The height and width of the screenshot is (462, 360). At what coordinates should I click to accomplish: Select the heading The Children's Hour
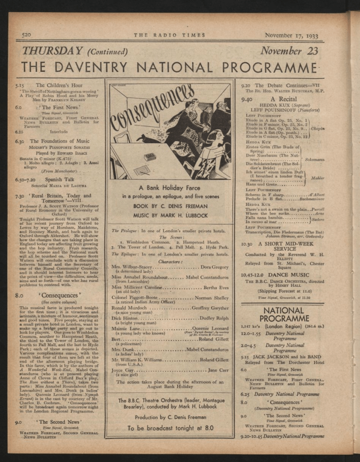[59, 85]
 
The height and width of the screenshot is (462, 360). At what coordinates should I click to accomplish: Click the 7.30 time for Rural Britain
[19, 196]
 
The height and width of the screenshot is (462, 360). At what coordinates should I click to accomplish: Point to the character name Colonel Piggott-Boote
[134, 298]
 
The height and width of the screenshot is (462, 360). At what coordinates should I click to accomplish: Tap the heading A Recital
[284, 98]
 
